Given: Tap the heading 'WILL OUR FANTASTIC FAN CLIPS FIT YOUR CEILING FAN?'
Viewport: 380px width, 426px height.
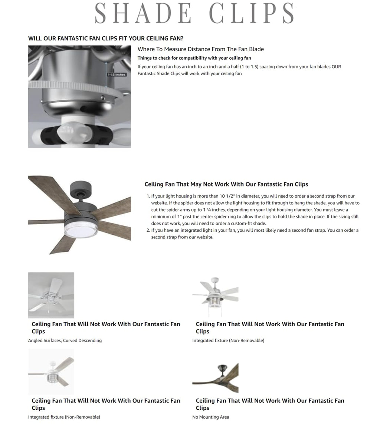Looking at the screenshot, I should (106, 39).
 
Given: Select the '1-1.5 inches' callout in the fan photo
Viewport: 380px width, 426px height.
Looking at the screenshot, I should (117, 75).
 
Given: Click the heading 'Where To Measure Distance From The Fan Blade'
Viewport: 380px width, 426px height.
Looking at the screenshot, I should (200, 49).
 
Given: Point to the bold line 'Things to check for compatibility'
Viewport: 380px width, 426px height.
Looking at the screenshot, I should (194, 58).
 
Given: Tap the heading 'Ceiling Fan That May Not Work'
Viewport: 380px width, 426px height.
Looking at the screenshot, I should (226, 184).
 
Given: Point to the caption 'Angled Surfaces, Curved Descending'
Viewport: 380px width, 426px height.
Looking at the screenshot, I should (65, 340).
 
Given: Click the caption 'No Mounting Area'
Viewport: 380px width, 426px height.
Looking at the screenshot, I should (210, 417).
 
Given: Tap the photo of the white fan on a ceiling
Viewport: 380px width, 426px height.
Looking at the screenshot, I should (51, 295).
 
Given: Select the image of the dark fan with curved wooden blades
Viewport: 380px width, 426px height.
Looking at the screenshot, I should (215, 377).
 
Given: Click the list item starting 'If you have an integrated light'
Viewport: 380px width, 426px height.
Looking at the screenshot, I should (255, 234).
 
